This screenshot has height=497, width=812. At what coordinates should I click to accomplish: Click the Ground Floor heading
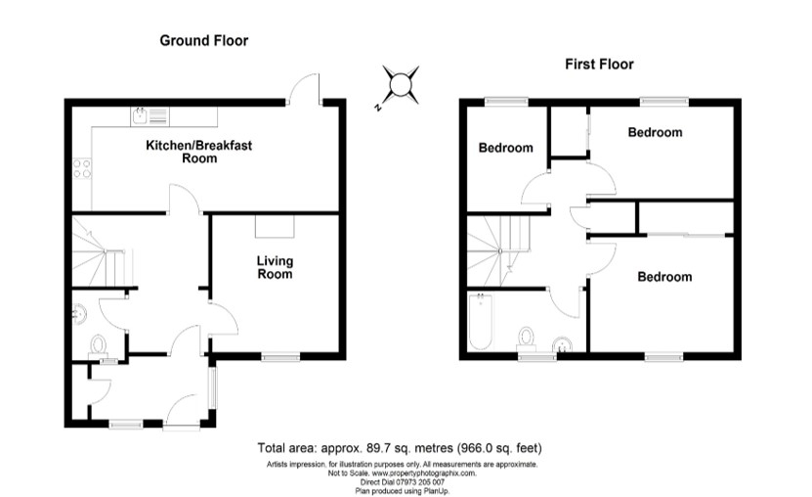click(x=204, y=40)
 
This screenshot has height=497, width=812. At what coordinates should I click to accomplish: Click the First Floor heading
click(x=599, y=65)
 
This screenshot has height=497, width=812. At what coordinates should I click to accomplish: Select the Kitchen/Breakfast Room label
click(x=199, y=152)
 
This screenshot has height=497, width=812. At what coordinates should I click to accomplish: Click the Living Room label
click(x=275, y=267)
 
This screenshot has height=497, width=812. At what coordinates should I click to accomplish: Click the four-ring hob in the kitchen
click(x=82, y=169)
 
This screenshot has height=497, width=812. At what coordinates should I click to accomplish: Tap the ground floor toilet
click(x=98, y=346)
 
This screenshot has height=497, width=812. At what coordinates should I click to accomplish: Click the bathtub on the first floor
click(x=481, y=322)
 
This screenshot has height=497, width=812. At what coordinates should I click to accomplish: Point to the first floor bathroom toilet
click(x=527, y=339)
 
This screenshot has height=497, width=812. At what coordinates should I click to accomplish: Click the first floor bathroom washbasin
click(x=563, y=344)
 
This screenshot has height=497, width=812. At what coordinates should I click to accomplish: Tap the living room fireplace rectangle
click(x=275, y=226)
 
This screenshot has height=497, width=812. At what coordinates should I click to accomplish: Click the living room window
click(x=280, y=356)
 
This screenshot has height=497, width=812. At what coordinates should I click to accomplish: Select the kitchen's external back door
click(x=306, y=89)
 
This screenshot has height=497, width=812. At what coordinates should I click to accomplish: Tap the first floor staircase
click(x=498, y=251)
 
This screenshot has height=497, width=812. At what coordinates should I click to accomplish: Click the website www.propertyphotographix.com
click(x=424, y=474)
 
